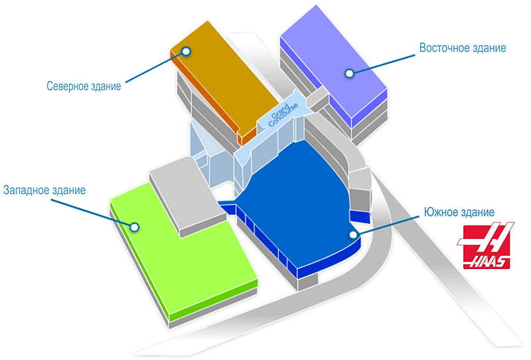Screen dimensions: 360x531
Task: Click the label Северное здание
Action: [x=84, y=86]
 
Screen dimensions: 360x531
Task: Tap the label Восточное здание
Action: [x=463, y=48]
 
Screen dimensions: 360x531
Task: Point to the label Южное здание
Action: [x=459, y=213]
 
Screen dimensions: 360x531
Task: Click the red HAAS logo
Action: [x=487, y=246]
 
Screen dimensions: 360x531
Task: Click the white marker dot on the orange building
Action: [x=187, y=51]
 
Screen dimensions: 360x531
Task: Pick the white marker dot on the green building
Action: [x=135, y=226]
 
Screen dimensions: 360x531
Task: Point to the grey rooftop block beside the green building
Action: [x=183, y=193]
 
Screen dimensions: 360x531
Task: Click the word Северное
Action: [x=69, y=86]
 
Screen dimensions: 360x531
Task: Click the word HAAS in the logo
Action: [x=491, y=261]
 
